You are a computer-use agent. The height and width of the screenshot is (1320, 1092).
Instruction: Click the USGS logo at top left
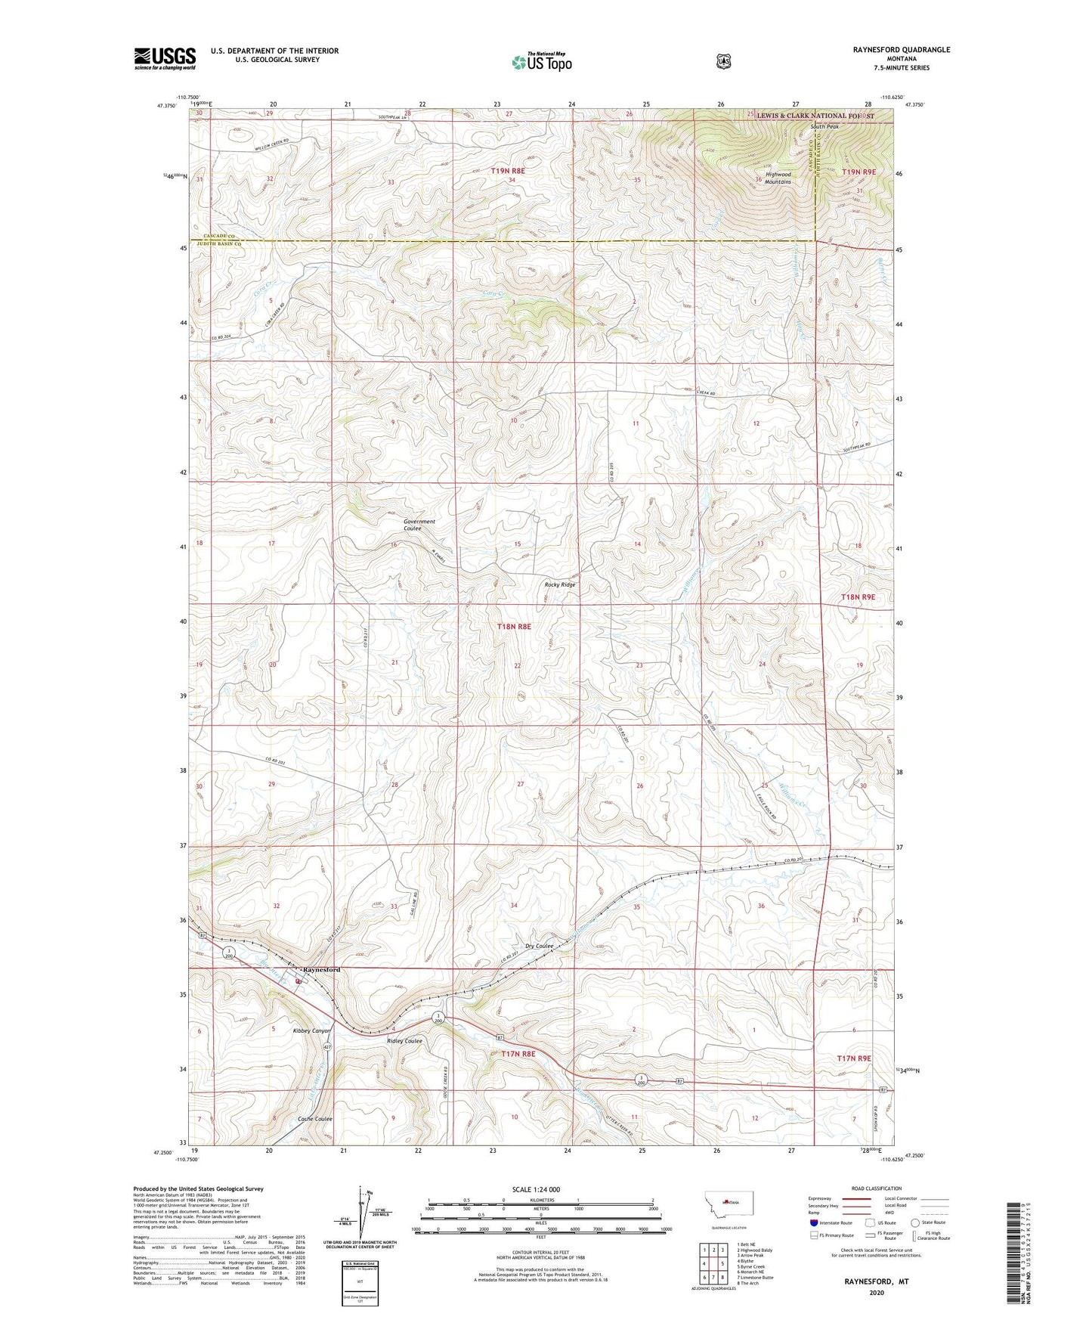click(x=165, y=58)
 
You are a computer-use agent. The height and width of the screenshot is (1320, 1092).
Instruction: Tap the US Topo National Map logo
click(x=541, y=62)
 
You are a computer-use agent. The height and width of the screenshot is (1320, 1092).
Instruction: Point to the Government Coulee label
click(x=419, y=525)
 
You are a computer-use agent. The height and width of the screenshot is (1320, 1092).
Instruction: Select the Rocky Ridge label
click(x=560, y=584)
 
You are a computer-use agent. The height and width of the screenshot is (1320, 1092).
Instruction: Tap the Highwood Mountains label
click(x=778, y=178)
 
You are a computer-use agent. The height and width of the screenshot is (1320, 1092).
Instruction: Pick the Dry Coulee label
click(x=540, y=946)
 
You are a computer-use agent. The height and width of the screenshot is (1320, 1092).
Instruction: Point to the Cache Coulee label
click(x=315, y=1119)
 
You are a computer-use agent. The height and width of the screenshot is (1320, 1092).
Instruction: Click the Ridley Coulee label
click(x=404, y=1041)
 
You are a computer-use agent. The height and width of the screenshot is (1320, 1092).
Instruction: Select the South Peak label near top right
click(x=824, y=126)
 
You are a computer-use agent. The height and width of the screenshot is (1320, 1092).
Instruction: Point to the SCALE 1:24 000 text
click(x=536, y=1189)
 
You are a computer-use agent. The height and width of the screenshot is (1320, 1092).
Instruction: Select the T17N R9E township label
click(x=854, y=1058)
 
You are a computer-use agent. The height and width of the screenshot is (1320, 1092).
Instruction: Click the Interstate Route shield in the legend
click(x=812, y=1222)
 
